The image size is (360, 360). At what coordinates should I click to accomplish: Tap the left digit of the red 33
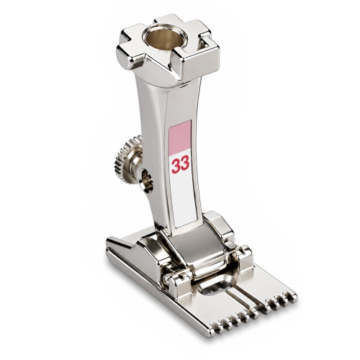[176, 165]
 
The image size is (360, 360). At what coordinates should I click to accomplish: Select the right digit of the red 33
[185, 163]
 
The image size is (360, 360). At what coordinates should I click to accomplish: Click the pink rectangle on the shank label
[180, 138]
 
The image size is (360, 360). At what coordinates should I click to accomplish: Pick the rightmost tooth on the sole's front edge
[293, 297]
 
